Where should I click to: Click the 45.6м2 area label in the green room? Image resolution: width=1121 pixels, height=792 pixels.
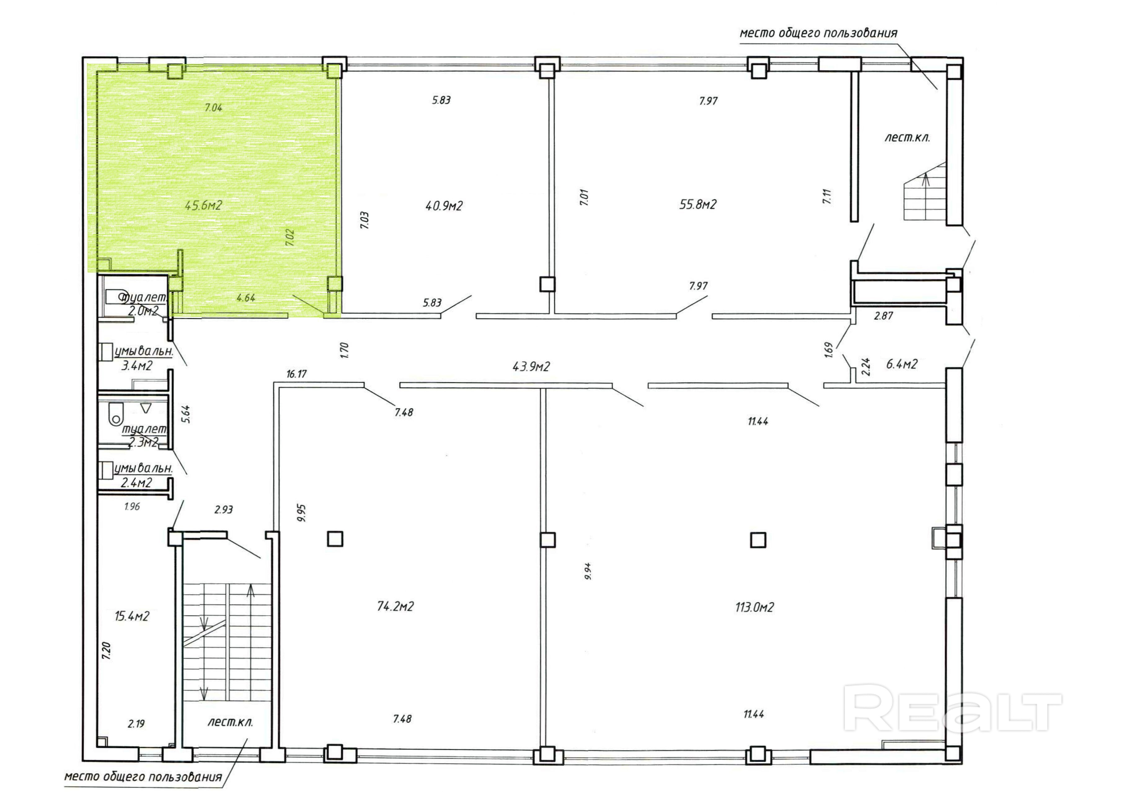pyautogui.click(x=203, y=205)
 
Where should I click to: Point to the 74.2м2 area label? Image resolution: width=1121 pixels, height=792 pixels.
pyautogui.click(x=395, y=606)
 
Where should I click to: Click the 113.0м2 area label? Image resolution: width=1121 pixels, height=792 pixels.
pyautogui.click(x=755, y=607)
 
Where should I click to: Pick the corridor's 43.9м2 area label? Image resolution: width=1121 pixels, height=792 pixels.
pyautogui.click(x=531, y=366)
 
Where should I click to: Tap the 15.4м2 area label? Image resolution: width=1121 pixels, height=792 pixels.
pyautogui.click(x=132, y=616)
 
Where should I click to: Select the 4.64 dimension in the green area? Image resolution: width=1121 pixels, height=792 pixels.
pyautogui.click(x=245, y=297)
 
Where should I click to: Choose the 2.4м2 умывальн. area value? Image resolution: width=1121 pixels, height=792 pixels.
pyautogui.click(x=136, y=483)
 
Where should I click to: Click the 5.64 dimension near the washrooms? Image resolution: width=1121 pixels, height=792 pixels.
pyautogui.click(x=186, y=415)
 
